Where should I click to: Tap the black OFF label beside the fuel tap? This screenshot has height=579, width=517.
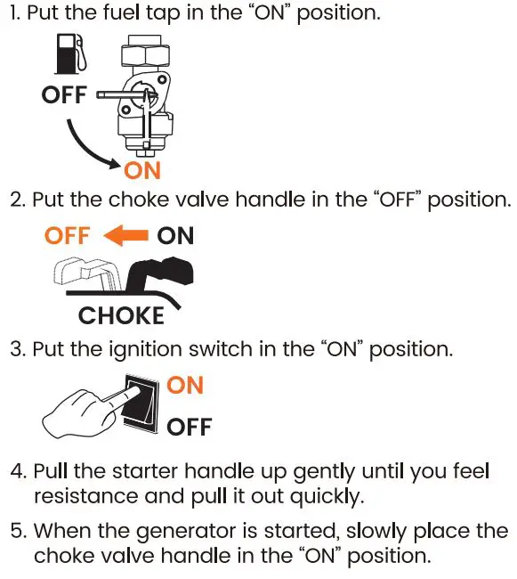(x=64, y=94)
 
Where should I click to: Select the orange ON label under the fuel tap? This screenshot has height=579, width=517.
(x=143, y=168)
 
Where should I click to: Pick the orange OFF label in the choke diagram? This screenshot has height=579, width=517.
(x=67, y=236)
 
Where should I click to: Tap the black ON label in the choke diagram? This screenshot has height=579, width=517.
(x=175, y=236)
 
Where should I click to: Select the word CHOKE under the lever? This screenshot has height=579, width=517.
(x=121, y=315)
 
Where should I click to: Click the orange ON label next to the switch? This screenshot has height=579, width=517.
(x=185, y=385)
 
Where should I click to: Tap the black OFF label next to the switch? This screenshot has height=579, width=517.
(x=190, y=427)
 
